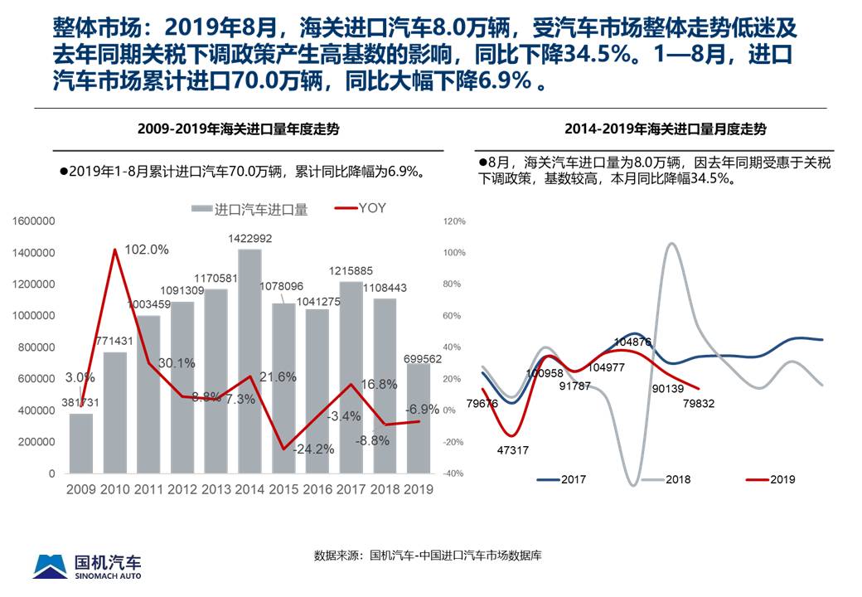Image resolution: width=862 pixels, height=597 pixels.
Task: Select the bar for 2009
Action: (81, 443)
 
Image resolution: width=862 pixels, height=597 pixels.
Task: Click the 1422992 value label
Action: (249, 239)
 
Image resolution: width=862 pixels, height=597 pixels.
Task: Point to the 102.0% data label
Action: (147, 249)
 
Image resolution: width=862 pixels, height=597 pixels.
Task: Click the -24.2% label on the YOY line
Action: (314, 449)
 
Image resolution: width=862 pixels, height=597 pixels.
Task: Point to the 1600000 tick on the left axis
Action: (34, 221)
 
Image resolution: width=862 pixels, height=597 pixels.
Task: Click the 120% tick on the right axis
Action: (455, 221)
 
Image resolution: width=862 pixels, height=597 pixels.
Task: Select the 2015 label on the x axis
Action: (283, 489)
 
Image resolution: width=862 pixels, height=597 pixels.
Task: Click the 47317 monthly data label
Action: (512, 450)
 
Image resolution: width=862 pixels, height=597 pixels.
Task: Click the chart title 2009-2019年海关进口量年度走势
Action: (238, 129)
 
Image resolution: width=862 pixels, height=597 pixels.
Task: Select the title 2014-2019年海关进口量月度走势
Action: (665, 129)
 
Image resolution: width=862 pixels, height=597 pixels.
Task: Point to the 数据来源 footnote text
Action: (427, 555)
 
